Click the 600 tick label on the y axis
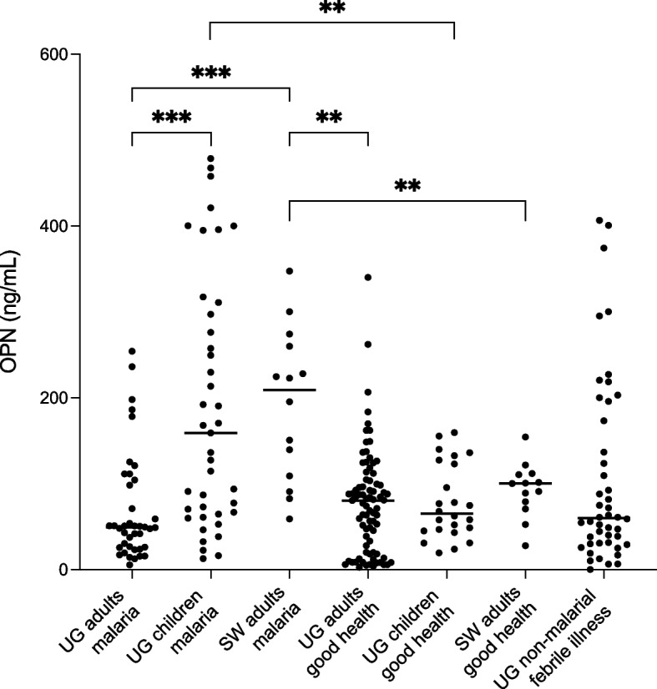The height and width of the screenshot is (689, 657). coord(53,54)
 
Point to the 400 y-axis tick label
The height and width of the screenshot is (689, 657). coord(53,226)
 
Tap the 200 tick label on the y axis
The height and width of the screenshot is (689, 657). coord(53,398)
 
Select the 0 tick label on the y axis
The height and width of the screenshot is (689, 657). coord(63,570)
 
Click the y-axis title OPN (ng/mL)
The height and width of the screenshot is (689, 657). coord(10,311)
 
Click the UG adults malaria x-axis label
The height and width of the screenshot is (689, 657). coord(100,621)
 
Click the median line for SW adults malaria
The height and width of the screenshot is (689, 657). coord(290,390)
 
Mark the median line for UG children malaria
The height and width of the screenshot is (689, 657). coord(210,433)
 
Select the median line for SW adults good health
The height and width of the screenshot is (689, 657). coord(525,483)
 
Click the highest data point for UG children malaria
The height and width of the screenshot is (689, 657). coord(210,158)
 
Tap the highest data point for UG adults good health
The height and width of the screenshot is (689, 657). coord(368,277)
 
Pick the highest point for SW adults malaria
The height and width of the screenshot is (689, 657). coord(290,271)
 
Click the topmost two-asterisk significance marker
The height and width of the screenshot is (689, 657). coord(332,8)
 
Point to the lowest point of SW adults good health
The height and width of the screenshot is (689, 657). coord(525,546)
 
